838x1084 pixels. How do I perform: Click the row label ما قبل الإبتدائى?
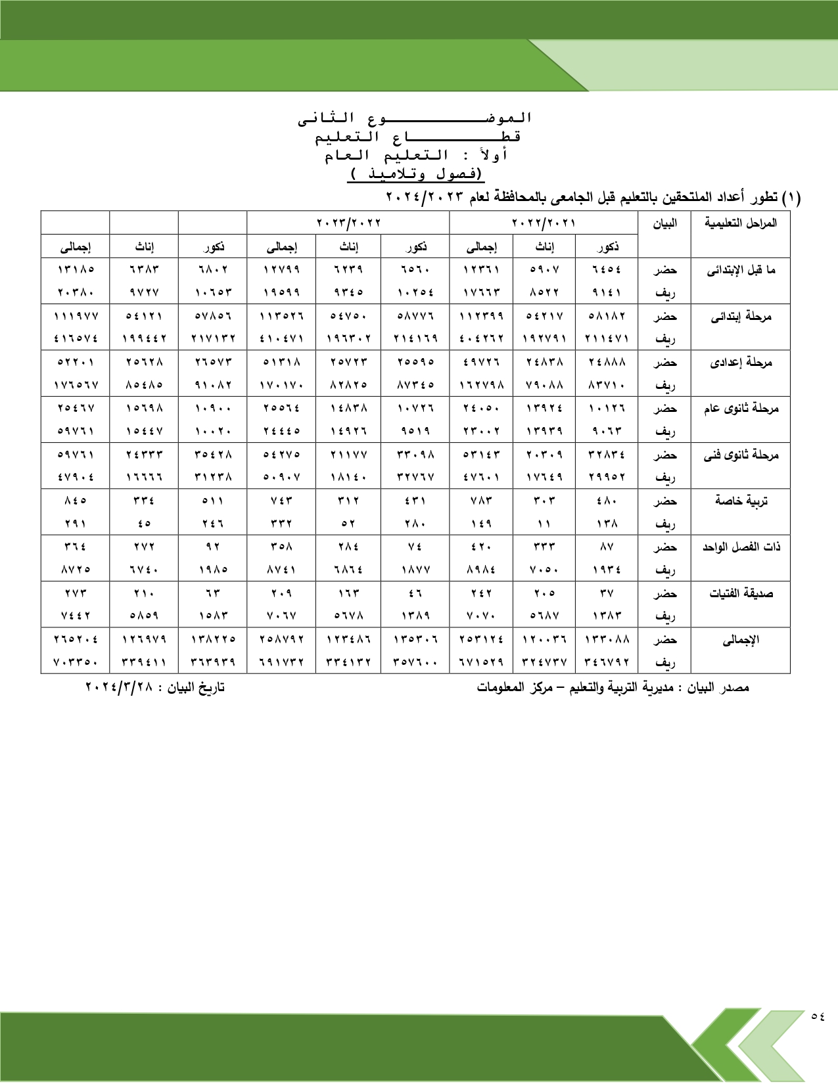[x=741, y=270]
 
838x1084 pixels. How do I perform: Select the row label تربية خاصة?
[x=741, y=501]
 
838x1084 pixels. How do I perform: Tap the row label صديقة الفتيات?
[x=741, y=594]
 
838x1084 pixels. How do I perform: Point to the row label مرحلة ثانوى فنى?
[x=741, y=455]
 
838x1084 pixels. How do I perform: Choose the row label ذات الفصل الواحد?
[x=741, y=547]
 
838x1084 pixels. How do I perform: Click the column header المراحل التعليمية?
[x=741, y=223]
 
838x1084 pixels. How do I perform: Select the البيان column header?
[x=664, y=223]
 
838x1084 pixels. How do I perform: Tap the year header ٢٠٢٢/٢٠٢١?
[x=544, y=223]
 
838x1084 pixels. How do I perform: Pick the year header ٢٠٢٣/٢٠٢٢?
[x=348, y=223]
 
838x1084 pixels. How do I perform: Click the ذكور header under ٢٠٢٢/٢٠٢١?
[x=607, y=247]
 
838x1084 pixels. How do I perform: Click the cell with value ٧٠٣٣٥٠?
[x=76, y=662]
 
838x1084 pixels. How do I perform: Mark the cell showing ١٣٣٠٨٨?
[x=607, y=639]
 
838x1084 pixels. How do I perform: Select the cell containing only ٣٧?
[x=607, y=593]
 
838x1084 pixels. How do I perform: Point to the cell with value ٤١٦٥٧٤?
[x=76, y=339]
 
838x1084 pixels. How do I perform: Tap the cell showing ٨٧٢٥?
[x=76, y=570]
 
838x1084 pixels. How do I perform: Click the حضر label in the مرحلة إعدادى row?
[x=665, y=363]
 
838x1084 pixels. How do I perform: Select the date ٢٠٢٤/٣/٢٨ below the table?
[x=119, y=687]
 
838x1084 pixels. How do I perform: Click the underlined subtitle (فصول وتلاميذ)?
[x=416, y=175]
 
